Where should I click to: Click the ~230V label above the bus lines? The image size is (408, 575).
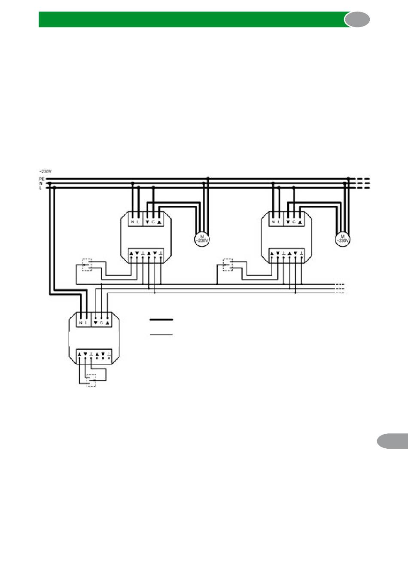click(45, 171)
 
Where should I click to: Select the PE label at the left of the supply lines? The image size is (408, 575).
click(42, 179)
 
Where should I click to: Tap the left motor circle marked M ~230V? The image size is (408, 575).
click(201, 238)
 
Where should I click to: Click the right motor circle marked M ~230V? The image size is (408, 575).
click(342, 238)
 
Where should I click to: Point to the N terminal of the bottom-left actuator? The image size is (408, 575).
click(81, 322)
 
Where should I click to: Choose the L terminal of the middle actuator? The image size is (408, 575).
click(138, 222)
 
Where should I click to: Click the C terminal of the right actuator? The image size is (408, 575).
click(294, 222)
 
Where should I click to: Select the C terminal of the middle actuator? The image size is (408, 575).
click(153, 222)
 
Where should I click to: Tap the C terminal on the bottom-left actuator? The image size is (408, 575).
click(101, 322)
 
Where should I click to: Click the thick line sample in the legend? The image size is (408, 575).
click(161, 319)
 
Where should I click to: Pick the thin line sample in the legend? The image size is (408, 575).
click(161, 334)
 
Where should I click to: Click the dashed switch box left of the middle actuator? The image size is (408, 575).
click(88, 265)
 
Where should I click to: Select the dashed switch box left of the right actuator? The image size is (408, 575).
click(228, 265)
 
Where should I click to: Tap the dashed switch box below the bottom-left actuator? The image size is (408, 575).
click(91, 380)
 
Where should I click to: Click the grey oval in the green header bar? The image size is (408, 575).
click(357, 20)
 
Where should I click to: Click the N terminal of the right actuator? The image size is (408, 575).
click(273, 222)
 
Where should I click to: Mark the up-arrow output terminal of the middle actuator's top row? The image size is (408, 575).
click(159, 222)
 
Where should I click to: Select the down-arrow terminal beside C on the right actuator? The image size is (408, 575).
click(288, 222)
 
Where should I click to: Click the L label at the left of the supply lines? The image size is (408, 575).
click(41, 188)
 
